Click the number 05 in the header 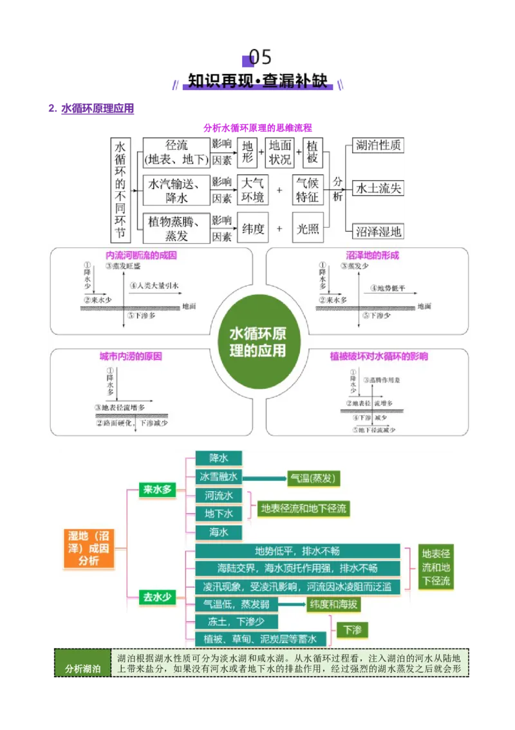tap(260, 57)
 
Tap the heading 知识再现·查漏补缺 tap(257, 81)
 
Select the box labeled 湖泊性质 tap(379, 145)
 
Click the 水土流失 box tap(379, 188)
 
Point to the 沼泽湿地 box tap(379, 231)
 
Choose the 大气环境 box tap(252, 189)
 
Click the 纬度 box tap(252, 229)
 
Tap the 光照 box tap(308, 229)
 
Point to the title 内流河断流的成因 tap(141, 256)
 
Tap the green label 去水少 tap(157, 597)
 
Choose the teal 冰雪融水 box tap(219, 477)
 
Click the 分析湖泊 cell tap(82, 669)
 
